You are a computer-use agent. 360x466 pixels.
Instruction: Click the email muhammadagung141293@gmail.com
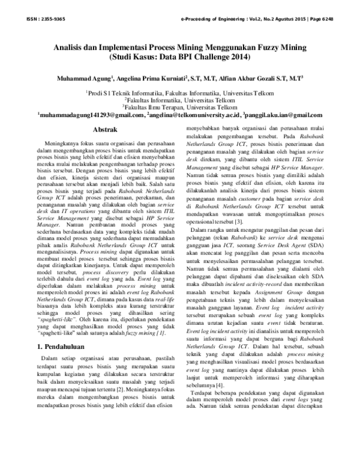click(x=91, y=115)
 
